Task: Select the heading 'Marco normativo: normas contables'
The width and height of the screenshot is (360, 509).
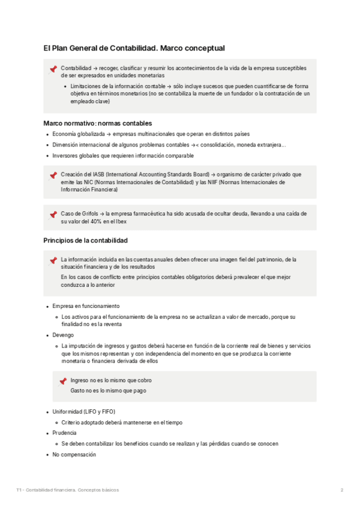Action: tap(98, 123)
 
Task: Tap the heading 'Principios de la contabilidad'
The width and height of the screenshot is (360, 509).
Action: tap(85, 240)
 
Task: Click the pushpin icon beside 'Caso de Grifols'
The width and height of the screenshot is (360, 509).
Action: tap(53, 214)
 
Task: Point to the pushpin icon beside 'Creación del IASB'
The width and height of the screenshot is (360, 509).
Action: tap(53, 175)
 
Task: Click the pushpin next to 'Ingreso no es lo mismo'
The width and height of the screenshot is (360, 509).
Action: tap(62, 381)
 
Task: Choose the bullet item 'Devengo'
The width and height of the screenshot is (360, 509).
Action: tap(63, 335)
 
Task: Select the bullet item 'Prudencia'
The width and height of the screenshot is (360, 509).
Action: tap(64, 433)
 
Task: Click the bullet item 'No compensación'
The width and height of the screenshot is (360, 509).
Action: tap(74, 454)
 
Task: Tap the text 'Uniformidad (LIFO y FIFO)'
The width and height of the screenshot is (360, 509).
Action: tap(83, 412)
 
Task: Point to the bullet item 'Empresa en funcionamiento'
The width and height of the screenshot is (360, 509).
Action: tap(86, 306)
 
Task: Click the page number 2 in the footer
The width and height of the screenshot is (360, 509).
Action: tap(341, 490)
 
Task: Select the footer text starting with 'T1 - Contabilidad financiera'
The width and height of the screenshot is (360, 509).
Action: tap(68, 490)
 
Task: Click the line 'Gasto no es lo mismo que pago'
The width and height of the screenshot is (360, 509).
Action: tap(108, 391)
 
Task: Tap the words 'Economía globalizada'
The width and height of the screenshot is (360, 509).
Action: tap(79, 134)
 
